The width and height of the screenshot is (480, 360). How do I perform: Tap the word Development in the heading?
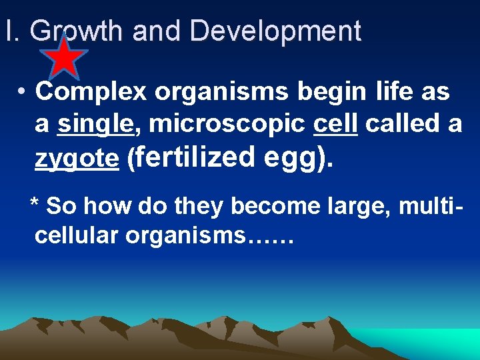coord(275,31)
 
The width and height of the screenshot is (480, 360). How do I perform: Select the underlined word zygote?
coord(77,159)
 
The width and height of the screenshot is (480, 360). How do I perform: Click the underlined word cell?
coord(335,124)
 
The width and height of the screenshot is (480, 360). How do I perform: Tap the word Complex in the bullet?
coord(91,92)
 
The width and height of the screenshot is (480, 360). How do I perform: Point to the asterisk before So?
coord(36,204)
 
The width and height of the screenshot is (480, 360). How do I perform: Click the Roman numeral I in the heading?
coord(8,31)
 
